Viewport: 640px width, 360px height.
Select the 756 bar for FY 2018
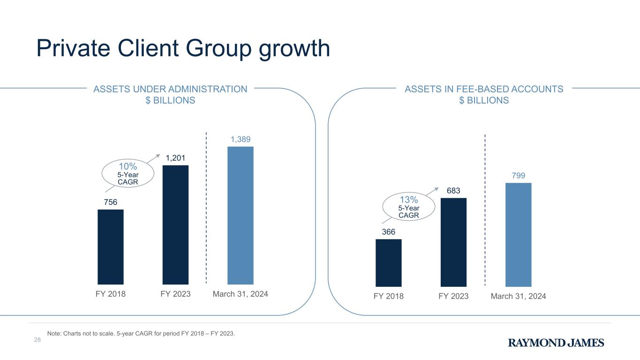(x=111, y=247)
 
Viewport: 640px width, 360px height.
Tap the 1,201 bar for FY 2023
(x=175, y=225)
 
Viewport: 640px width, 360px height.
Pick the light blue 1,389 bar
(x=241, y=215)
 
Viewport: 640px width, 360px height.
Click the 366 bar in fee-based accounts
(x=389, y=262)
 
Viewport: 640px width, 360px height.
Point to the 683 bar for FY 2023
(x=453, y=242)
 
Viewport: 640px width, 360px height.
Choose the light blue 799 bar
(x=518, y=234)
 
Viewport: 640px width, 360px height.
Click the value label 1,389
(x=241, y=139)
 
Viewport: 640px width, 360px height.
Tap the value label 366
(x=388, y=232)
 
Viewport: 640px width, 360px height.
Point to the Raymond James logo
(x=556, y=343)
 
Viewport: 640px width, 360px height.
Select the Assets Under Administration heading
(x=171, y=95)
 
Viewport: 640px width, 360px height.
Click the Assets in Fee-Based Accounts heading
(x=484, y=95)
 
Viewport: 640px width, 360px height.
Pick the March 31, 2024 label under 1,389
(x=241, y=294)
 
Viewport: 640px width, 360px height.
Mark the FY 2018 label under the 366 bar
(x=389, y=296)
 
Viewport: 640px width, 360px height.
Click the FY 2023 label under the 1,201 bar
(x=175, y=294)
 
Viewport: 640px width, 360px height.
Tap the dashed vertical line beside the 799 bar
(x=485, y=211)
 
